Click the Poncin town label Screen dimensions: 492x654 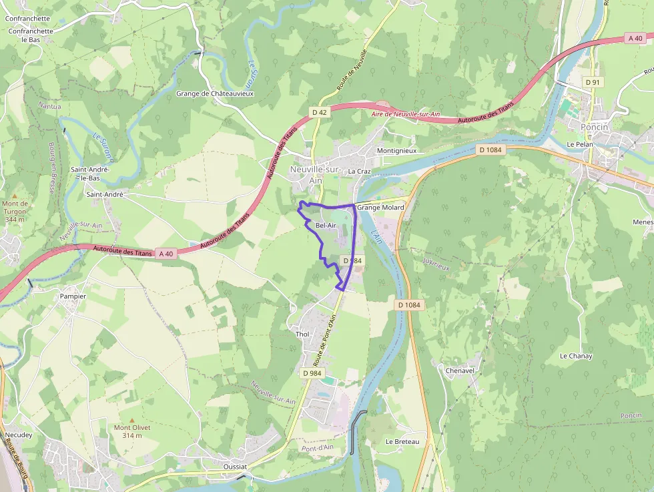pos(594,127)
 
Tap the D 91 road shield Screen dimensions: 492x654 pos(592,82)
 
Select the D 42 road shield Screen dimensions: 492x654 pos(320,113)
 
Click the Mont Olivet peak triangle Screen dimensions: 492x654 pos(131,421)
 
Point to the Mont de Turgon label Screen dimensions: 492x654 pos(15,211)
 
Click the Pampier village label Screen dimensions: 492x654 pos(73,296)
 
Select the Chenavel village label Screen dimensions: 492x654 pos(459,370)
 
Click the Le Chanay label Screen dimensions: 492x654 pos(576,356)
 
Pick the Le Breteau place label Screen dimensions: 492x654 pos(402,442)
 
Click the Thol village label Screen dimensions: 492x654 pos(302,334)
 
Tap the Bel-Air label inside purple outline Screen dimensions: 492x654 pos(326,226)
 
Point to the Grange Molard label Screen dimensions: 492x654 pos(380,208)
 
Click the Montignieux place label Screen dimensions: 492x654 pos(396,151)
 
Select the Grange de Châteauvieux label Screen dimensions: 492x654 pos(215,94)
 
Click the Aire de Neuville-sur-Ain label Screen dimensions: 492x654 pos(406,114)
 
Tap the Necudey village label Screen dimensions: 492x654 pos(18,435)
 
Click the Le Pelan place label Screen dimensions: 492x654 pos(579,144)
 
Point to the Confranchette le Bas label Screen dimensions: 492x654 pos(31,35)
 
